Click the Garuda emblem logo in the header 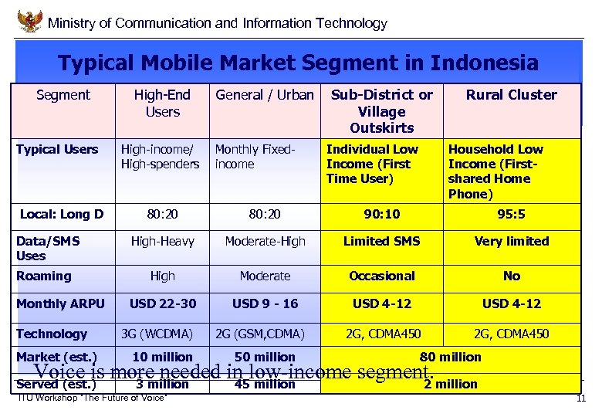coord(29,21)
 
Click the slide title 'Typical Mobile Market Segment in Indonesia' coord(298,63)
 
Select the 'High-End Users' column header coord(162,103)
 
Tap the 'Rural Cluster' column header coord(511,95)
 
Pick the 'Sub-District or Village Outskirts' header coord(381,110)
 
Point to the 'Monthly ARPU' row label coord(60,303)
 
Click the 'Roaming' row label coord(44,276)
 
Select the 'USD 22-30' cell coord(162,303)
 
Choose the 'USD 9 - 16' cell coord(265,303)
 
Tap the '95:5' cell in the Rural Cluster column coord(511,214)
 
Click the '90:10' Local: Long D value coord(381,214)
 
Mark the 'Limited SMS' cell coord(381,241)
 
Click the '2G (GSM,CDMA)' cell coord(260,334)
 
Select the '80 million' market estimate coord(450,357)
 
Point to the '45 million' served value coord(265,384)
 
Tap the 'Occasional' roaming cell coord(381,276)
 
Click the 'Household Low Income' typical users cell coord(495,171)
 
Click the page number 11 coord(581,398)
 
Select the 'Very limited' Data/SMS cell coord(511,241)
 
